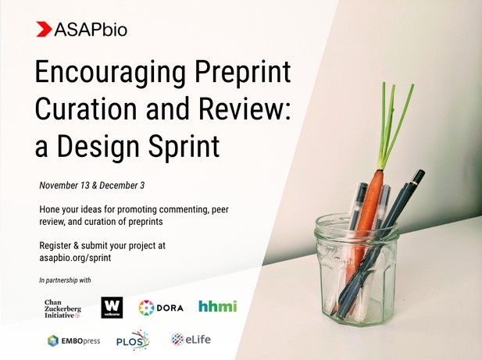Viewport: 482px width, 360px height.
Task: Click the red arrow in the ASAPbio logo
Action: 44,29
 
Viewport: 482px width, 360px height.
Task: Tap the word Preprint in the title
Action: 243,73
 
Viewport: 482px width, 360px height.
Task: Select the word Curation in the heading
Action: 86,109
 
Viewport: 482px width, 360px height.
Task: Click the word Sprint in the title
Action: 184,146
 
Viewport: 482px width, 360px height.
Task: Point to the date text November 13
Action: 64,186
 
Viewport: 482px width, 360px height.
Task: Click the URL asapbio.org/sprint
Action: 75,258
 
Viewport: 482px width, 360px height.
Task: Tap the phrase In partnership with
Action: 65,280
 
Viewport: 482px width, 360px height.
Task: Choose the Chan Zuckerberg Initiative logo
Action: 62,308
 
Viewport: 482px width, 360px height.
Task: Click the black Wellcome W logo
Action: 112,308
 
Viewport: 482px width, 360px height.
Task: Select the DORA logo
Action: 161,308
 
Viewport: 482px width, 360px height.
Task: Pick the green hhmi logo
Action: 218,306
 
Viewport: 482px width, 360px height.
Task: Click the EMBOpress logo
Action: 73,341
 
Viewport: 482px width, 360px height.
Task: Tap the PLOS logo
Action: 133,340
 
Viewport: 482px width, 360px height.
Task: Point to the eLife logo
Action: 191,340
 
